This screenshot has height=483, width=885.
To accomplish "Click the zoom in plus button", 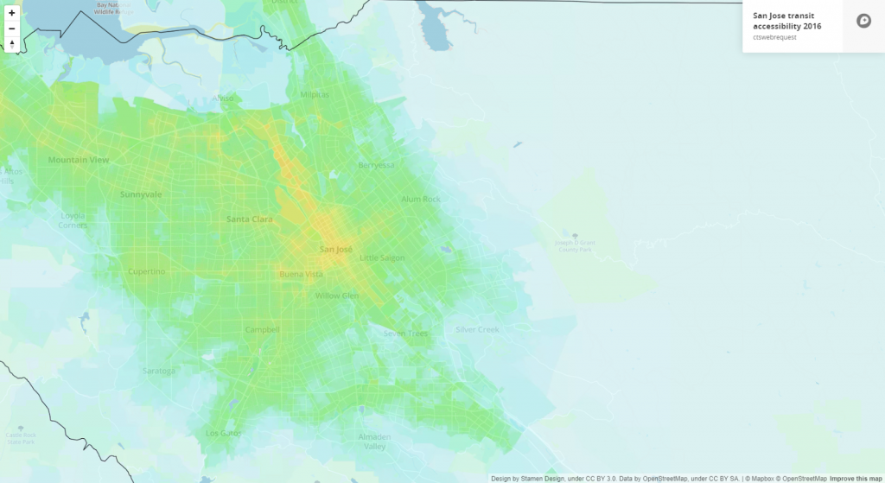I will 12,13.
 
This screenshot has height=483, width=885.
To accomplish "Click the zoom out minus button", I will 12,29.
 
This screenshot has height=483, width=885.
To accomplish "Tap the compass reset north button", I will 12,44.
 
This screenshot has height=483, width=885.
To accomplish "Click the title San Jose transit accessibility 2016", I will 787,22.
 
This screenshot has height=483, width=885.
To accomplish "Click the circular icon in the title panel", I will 863,22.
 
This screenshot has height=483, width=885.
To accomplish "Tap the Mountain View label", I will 78,161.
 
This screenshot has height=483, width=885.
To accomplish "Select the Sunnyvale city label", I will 141,194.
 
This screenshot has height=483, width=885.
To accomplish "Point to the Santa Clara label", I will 250,219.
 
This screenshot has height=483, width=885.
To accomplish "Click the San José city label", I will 336,250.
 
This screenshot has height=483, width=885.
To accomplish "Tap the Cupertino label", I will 146,271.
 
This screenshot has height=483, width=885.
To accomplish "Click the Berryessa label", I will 376,165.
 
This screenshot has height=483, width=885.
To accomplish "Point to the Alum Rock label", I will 421,200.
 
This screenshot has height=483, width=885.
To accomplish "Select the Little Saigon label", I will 382,257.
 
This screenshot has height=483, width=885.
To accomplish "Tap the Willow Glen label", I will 336,296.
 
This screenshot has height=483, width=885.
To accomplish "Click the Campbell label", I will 262,329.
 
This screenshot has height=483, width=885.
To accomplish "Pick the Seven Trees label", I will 405,334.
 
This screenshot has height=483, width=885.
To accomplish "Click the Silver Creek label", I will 478,330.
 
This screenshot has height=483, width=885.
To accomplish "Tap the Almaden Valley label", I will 373,442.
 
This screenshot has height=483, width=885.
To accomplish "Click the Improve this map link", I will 856,478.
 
